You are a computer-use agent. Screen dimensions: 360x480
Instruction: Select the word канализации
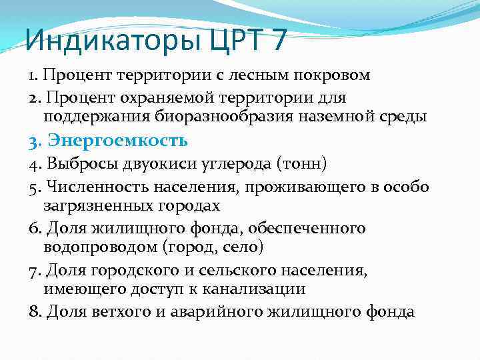tap(254, 289)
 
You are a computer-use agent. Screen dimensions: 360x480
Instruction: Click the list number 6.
tap(35, 228)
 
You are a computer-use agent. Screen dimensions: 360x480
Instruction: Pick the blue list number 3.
tap(35, 141)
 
